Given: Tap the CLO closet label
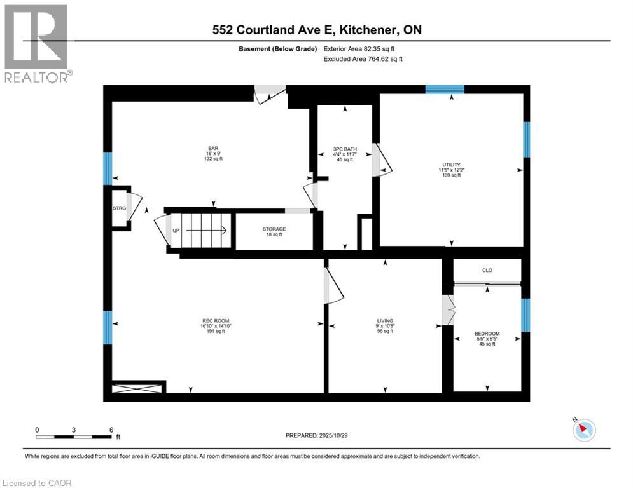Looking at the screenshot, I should [487, 271].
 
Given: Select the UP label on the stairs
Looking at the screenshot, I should [176, 231].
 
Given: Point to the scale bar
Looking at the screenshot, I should [74, 437].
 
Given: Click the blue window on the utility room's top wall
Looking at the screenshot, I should [444, 90].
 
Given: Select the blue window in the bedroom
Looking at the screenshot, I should [525, 315].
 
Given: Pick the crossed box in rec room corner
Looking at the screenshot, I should [139, 387].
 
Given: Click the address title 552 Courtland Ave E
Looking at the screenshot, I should [316, 30].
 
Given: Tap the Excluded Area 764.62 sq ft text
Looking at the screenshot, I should [363, 58].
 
